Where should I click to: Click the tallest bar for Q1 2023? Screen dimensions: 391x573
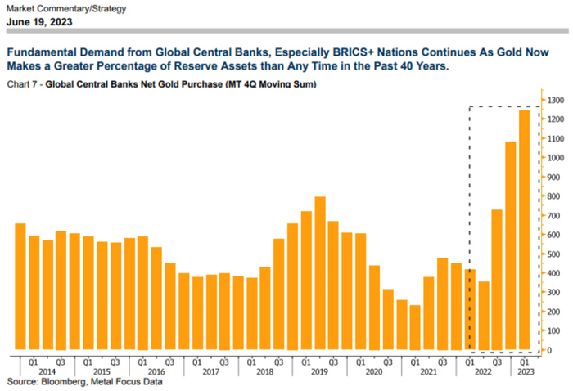[x=523, y=230]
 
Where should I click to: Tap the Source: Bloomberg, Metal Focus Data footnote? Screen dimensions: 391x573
[x=85, y=381]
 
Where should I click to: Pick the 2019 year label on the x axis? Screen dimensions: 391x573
[x=320, y=371]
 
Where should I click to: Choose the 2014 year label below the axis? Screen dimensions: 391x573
[x=48, y=371]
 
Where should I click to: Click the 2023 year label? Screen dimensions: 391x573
[x=523, y=371]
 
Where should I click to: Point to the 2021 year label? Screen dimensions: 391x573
[x=428, y=371]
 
